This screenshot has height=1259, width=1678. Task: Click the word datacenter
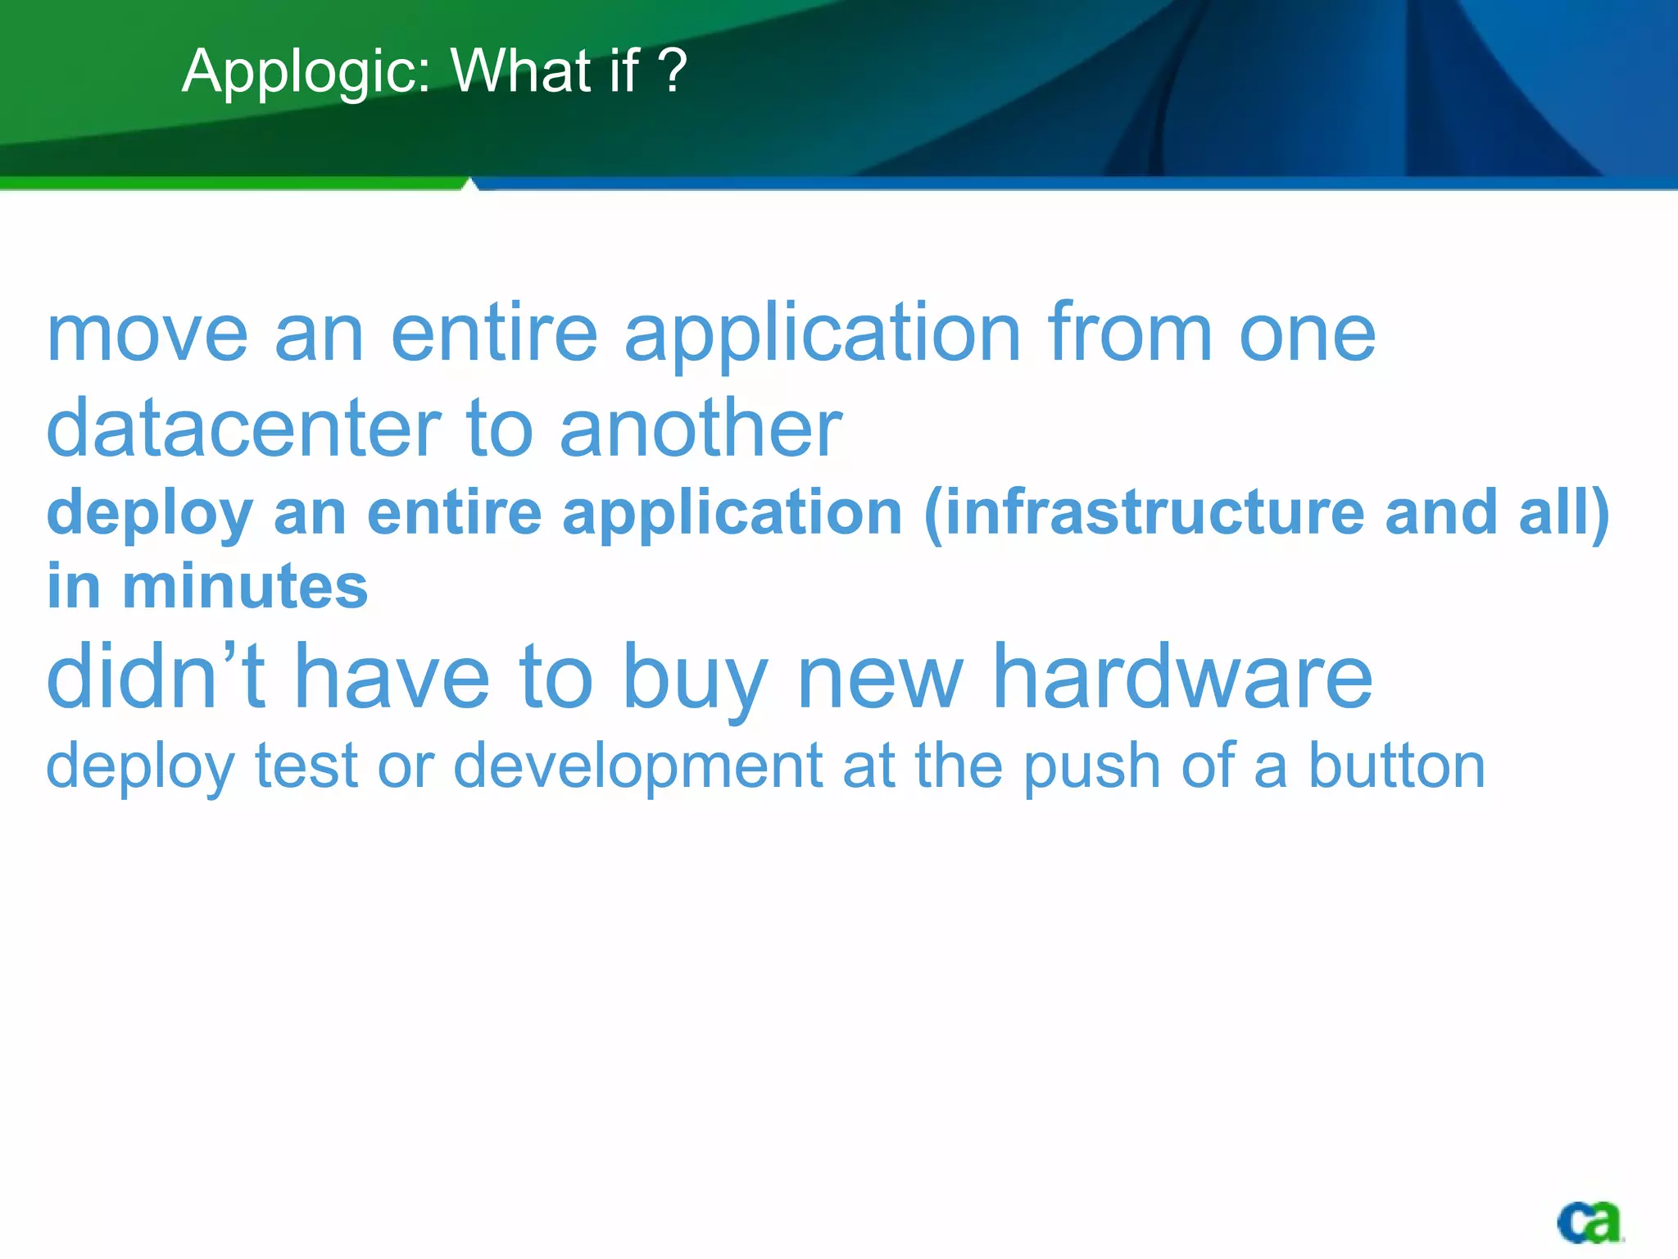(243, 428)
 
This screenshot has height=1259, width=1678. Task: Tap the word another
(701, 428)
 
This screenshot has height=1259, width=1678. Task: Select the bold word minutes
(245, 587)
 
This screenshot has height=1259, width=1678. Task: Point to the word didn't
(156, 676)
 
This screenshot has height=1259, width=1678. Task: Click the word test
(306, 766)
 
